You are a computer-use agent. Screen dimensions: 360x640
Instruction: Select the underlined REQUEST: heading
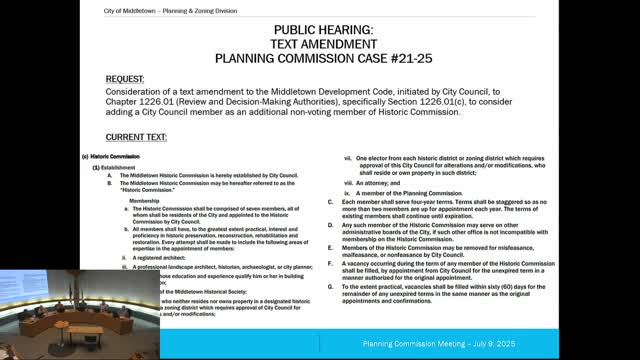tap(136, 76)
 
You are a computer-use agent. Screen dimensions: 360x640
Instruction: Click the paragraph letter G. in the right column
tap(330, 286)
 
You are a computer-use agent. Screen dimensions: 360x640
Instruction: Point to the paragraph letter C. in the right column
tap(330, 202)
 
